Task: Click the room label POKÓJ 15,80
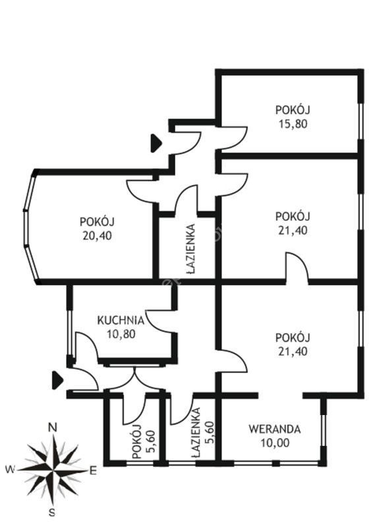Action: [x=293, y=117]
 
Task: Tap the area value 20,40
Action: [x=97, y=236]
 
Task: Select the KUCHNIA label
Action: [x=121, y=320]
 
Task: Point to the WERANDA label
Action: [x=274, y=430]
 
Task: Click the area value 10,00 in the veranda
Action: [x=275, y=443]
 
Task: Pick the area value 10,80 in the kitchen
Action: [x=121, y=334]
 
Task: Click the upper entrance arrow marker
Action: [x=156, y=144]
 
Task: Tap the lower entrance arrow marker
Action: [x=57, y=380]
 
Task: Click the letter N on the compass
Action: [x=53, y=428]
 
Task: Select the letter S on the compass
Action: [x=52, y=513]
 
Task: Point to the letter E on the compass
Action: [x=93, y=471]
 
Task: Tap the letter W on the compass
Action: [x=11, y=469]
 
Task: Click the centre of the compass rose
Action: [x=53, y=470]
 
